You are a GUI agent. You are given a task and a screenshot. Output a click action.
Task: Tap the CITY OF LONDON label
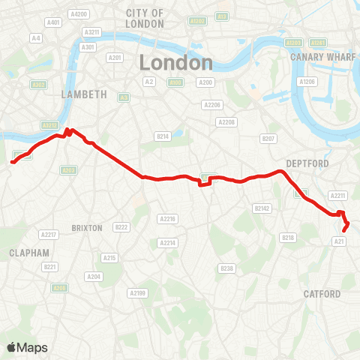pyautogui.click(x=145, y=19)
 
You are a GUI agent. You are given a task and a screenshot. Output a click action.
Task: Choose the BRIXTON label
pyautogui.click(x=86, y=226)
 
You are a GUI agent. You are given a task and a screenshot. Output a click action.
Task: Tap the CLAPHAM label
pyautogui.click(x=29, y=253)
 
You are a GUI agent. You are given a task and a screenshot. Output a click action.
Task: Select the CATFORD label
pyautogui.click(x=322, y=294)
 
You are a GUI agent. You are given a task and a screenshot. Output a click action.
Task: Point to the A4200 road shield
pyautogui.click(x=78, y=13)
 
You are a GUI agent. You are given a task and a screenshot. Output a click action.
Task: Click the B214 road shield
pyautogui.click(x=163, y=136)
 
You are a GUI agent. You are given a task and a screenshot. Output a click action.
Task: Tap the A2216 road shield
pyautogui.click(x=167, y=218)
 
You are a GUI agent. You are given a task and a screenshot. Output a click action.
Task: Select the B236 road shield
pyautogui.click(x=226, y=268)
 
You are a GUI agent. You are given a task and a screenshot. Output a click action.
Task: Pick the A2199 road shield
pyautogui.click(x=137, y=292)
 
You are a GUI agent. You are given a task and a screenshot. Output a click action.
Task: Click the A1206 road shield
pyautogui.click(x=307, y=81)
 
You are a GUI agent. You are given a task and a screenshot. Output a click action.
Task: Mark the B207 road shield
pyautogui.click(x=268, y=139)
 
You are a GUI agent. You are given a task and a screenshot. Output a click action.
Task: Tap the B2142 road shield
pyautogui.click(x=261, y=208)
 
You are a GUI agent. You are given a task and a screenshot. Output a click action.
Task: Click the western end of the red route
pyautogui.click(x=12, y=160)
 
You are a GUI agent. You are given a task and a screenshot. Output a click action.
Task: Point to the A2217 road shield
pyautogui.click(x=49, y=234)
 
